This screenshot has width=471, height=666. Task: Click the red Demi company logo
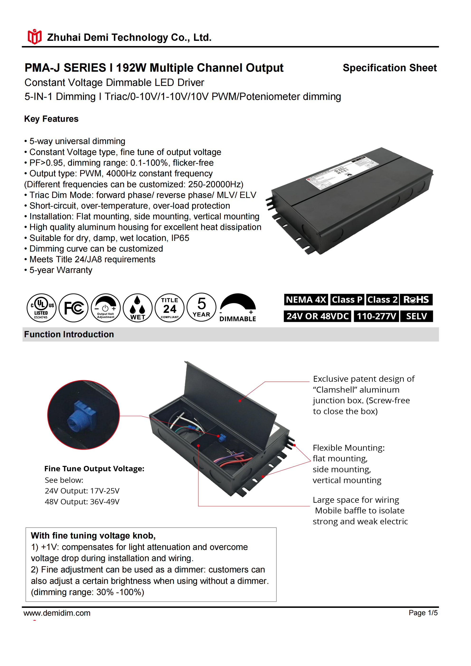(x=34, y=37)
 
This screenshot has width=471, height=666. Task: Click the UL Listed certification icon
(x=41, y=308)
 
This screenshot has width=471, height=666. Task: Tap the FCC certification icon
(x=73, y=308)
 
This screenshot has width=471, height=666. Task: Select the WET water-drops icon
(x=137, y=308)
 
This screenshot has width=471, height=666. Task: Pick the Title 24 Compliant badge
(x=170, y=308)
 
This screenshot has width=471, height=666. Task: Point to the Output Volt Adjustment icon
(x=106, y=308)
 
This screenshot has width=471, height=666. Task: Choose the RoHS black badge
(x=416, y=299)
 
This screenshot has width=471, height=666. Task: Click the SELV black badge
(x=416, y=316)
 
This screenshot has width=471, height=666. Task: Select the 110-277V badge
(x=376, y=316)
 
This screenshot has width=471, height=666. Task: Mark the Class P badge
(x=347, y=299)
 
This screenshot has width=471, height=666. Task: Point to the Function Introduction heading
(x=69, y=334)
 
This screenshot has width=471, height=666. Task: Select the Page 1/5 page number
(x=423, y=613)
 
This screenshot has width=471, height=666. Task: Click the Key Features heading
(x=51, y=119)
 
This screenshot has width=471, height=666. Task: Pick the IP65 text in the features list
(x=180, y=238)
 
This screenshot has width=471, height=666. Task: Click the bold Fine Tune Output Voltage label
(x=94, y=469)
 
